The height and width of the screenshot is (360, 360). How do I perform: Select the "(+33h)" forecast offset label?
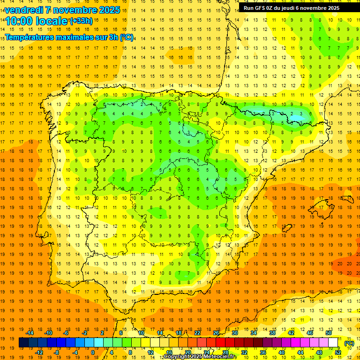(x=81, y=21)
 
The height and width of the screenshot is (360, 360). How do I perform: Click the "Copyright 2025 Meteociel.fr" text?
(x=200, y=357)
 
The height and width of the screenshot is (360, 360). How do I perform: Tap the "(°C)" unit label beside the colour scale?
(x=349, y=343)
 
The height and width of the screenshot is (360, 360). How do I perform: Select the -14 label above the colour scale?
(x=30, y=333)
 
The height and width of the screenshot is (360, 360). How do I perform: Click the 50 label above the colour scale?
(x=328, y=333)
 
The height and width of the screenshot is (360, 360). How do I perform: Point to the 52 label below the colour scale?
(x=338, y=352)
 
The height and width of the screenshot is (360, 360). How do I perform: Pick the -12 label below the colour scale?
(x=39, y=352)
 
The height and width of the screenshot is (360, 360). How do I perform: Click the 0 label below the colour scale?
(x=93, y=352)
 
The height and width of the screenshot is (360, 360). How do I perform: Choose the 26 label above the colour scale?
(x=216, y=333)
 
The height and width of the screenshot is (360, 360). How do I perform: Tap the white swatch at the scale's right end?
(x=333, y=343)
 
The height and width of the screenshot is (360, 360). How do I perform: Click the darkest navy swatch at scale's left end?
(x=23, y=343)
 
